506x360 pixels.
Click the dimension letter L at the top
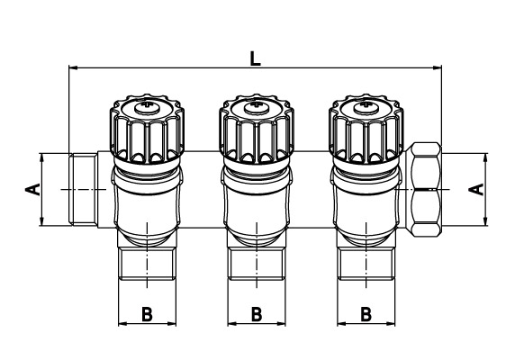(256, 59)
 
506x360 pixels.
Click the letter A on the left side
(32, 189)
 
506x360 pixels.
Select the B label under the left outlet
(147, 314)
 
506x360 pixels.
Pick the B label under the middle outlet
(257, 314)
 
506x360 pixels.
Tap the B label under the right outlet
(366, 314)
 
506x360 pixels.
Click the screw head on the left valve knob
(147, 107)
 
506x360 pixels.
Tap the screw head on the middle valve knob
(257, 107)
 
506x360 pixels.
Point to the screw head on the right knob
(366, 107)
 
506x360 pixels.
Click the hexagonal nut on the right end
(423, 190)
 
